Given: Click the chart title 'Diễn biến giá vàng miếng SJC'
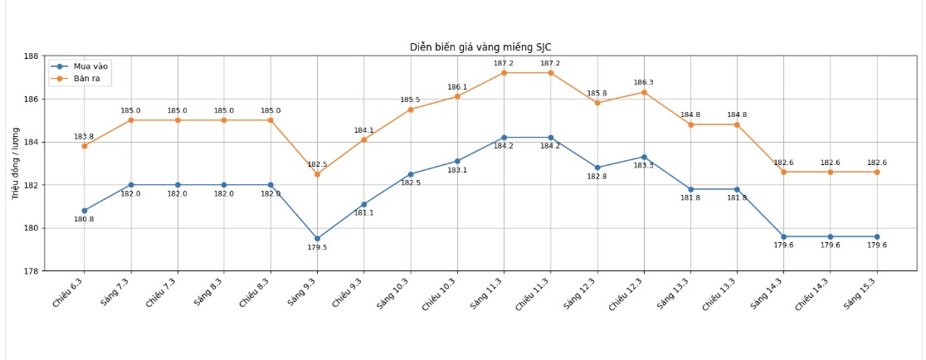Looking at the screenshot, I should click(480, 47).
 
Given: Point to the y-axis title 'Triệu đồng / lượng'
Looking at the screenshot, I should click(16, 163).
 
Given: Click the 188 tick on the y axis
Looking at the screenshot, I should click(31, 56).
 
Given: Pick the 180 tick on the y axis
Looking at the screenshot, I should click(31, 228).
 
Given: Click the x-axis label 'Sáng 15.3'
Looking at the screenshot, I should click(860, 294).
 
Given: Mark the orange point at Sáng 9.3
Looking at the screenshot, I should click(317, 174).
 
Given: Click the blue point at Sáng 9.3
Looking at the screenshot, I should click(317, 239).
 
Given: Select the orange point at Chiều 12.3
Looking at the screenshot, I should click(644, 92).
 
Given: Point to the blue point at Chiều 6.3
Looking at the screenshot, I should click(84, 211).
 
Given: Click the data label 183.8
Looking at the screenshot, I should click(84, 137).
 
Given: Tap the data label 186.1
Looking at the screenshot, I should click(457, 87).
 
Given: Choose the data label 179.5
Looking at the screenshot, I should click(317, 248).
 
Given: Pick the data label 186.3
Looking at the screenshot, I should click(644, 83).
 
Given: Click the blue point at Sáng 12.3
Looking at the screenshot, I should click(597, 168).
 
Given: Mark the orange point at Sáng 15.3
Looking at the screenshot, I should click(877, 172).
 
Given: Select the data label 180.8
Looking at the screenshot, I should click(84, 220).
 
